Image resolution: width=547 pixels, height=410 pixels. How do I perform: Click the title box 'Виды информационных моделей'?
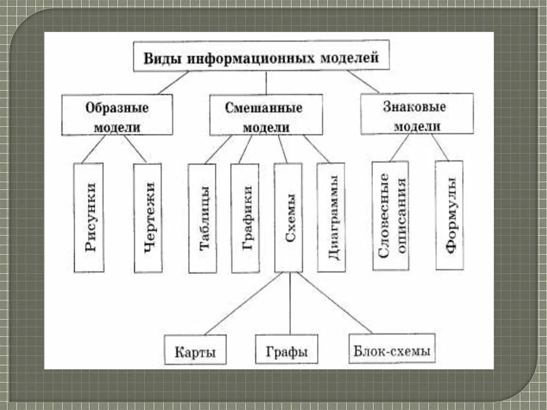tap(261, 56)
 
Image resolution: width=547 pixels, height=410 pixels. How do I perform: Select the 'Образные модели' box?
tap(117, 115)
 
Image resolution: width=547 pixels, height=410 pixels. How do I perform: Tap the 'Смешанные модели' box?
tap(265, 115)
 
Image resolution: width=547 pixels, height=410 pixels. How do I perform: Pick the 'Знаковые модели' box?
tap(417, 114)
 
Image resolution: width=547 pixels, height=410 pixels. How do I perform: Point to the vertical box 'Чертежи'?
tap(147, 218)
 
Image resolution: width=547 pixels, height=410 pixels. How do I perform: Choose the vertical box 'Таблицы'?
tap(202, 218)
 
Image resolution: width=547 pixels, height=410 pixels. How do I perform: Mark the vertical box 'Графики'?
tap(245, 218)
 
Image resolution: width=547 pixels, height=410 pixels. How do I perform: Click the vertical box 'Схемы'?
tap(288, 218)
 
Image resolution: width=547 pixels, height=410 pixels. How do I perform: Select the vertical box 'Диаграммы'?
tap(331, 216)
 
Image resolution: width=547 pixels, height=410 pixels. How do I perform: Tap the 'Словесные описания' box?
tap(390, 215)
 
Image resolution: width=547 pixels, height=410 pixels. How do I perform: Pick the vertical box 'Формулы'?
tap(449, 215)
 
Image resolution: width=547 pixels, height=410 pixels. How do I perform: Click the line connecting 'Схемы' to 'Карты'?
tap(243, 304)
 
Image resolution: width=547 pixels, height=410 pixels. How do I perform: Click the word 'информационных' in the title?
tap(251, 57)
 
